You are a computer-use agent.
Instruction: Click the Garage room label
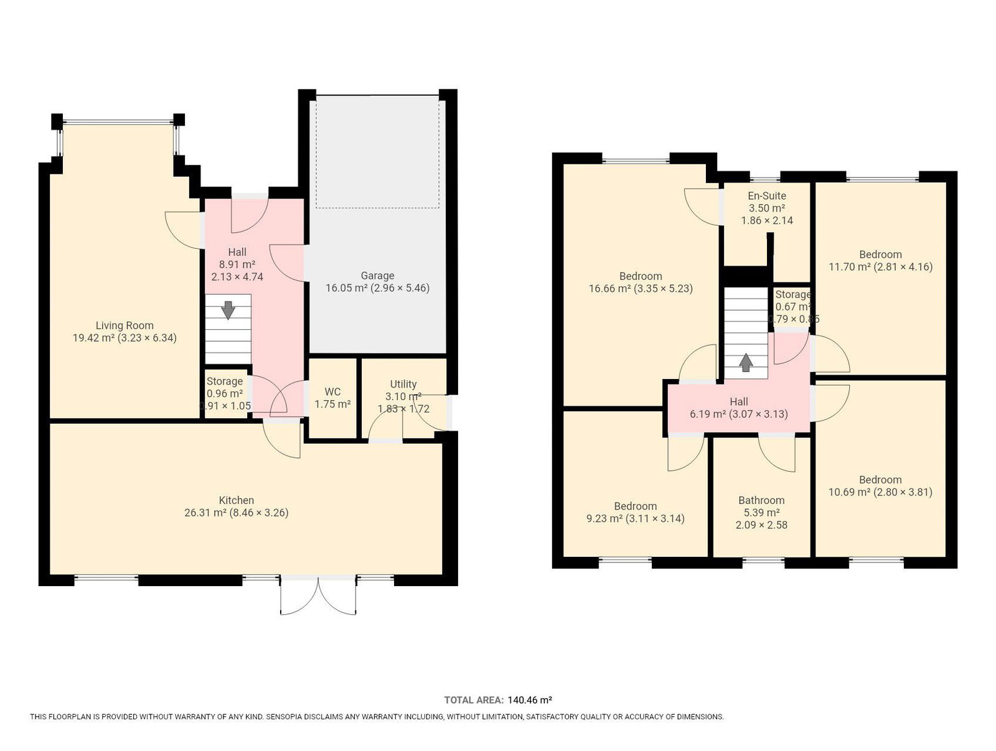[x=377, y=275]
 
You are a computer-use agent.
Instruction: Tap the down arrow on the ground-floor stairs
[x=228, y=310]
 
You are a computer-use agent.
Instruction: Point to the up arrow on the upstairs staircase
[x=746, y=363]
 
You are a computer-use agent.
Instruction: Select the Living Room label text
[x=125, y=325]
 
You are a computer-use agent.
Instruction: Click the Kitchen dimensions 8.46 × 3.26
[x=258, y=513]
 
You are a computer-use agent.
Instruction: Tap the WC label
[x=332, y=392]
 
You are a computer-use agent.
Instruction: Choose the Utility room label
[x=403, y=384]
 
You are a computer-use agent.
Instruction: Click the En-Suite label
[x=767, y=196]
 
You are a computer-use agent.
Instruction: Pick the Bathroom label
[x=761, y=500]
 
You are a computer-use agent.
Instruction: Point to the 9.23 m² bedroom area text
[x=604, y=518]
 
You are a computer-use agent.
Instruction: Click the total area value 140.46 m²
[x=530, y=700]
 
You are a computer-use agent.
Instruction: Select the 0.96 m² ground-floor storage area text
[x=225, y=394]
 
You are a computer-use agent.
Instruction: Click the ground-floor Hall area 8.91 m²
[x=237, y=264]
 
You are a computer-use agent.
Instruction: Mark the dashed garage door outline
[x=377, y=151]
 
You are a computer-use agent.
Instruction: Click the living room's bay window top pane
[x=118, y=121]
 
